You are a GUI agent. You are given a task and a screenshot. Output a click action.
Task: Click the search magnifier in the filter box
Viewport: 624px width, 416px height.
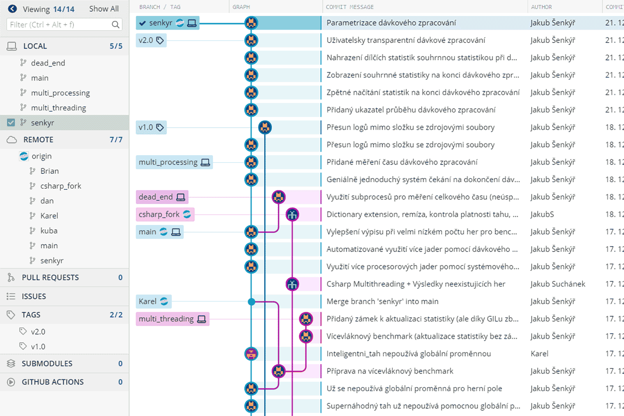point(115,25)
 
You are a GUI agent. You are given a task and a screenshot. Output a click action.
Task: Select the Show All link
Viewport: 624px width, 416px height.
point(104,9)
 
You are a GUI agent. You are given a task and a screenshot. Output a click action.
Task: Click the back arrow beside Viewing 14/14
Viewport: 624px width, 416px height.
point(12,9)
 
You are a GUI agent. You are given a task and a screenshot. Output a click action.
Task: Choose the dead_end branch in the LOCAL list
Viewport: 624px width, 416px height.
point(48,63)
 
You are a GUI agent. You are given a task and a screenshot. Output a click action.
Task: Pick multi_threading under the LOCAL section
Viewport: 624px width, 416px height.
point(58,108)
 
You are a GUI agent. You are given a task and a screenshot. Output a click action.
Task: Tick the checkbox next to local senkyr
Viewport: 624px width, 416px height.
point(11,122)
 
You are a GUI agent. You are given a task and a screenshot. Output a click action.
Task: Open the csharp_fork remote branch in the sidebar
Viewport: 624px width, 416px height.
point(61,186)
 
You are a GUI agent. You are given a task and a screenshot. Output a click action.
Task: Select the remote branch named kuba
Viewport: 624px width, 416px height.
point(49,230)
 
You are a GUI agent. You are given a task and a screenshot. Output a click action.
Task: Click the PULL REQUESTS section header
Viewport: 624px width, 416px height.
point(50,277)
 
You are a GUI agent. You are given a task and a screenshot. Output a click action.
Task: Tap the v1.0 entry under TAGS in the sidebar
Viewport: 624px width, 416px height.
point(38,346)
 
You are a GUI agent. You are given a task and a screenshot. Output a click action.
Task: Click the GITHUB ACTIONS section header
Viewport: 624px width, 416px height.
point(53,382)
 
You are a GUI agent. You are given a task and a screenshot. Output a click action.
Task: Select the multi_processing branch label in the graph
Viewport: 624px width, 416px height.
point(174,162)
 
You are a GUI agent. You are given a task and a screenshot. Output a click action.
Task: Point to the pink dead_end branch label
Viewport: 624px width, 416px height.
point(162,197)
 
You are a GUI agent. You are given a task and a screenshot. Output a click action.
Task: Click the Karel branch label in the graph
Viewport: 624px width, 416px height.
point(154,301)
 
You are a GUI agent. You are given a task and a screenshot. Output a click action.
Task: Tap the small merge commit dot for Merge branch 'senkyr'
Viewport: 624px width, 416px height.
point(251,301)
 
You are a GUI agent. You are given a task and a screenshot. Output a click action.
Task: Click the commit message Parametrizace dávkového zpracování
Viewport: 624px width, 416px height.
point(391,23)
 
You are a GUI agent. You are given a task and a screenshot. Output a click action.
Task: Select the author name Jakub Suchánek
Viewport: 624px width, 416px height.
point(558,284)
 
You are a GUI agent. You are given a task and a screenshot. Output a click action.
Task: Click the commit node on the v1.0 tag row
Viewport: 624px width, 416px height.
point(265,127)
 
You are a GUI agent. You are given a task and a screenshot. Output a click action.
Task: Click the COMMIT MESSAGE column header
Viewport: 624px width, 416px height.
point(349,7)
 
